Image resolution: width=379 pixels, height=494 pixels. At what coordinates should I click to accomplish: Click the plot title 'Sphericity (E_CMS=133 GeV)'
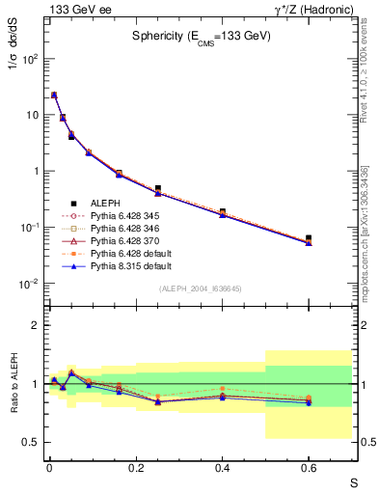click(x=202, y=36)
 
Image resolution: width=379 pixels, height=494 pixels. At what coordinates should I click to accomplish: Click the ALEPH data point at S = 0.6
click(x=309, y=237)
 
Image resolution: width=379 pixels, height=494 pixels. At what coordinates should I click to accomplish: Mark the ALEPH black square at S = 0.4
click(x=222, y=211)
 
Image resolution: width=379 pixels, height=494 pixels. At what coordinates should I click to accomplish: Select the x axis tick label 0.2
click(x=135, y=468)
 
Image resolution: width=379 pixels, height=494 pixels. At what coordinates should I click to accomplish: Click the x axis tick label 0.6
click(x=309, y=468)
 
